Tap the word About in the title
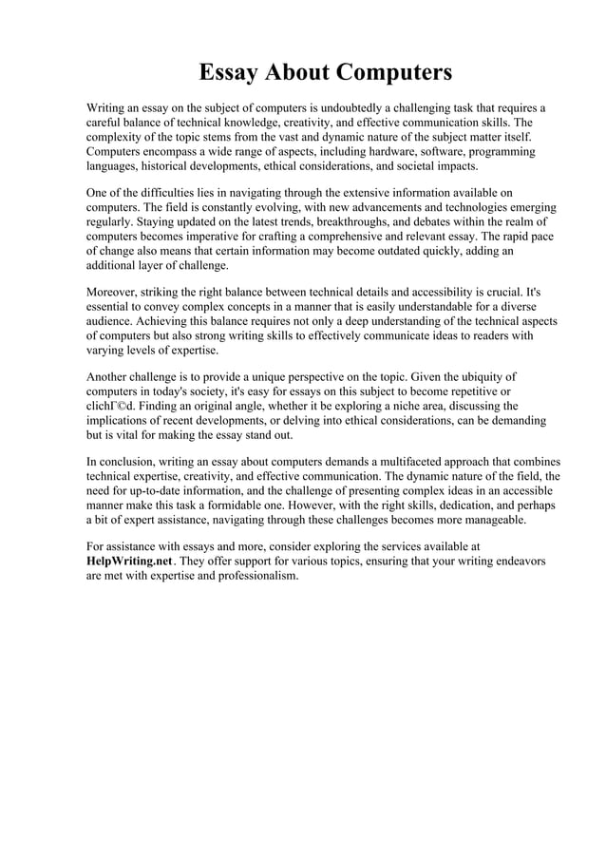click(302, 73)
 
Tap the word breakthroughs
click(340, 221)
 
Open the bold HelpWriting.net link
click(129, 562)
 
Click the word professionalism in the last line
click(251, 576)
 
